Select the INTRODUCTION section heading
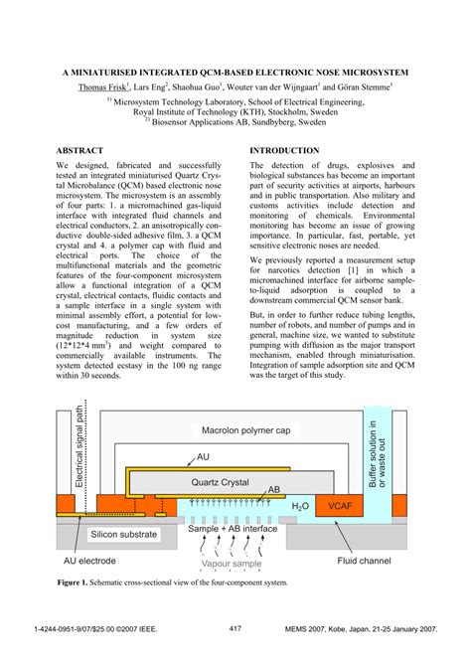tap(285, 150)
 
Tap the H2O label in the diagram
tap(300, 506)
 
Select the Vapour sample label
tap(231, 564)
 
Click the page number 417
tap(235, 628)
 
